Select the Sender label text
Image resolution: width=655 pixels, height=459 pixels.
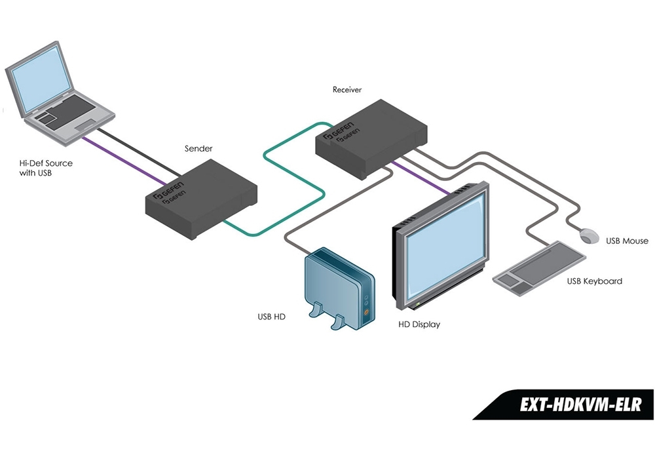(198, 149)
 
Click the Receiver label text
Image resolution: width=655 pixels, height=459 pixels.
(347, 89)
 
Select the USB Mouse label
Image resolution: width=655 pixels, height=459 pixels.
(627, 241)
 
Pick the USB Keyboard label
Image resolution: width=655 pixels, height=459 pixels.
(594, 281)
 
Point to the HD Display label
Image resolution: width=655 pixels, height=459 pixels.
(419, 325)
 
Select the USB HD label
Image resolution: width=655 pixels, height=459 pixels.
(271, 317)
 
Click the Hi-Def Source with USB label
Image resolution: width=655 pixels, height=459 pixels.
(46, 168)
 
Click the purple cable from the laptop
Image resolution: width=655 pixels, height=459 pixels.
(124, 158)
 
